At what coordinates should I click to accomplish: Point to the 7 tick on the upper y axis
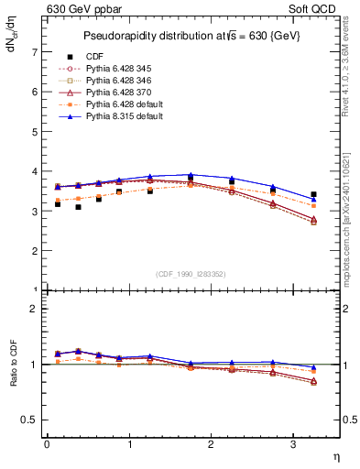point(36,53)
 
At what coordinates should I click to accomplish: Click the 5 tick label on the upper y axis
point(36,132)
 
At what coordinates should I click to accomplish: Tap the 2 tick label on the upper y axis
point(36,251)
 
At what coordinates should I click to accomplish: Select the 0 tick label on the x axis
point(47,444)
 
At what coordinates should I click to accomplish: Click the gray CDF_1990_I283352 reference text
point(191,274)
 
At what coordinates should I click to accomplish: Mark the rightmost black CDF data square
point(313,194)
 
